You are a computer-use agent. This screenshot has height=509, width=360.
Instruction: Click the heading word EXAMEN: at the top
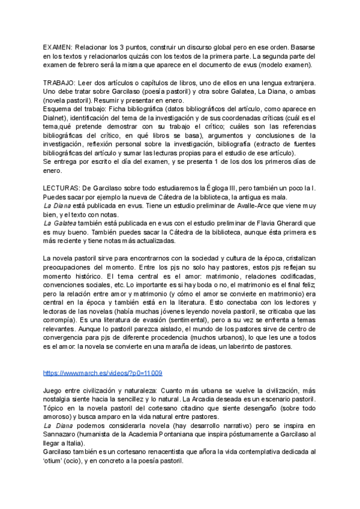pos(58,47)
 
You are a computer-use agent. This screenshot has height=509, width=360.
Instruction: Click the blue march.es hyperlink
pos(103,373)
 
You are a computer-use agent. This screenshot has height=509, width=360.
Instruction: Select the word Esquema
pos(58,109)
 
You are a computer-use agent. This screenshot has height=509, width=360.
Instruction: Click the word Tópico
pos(55,408)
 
